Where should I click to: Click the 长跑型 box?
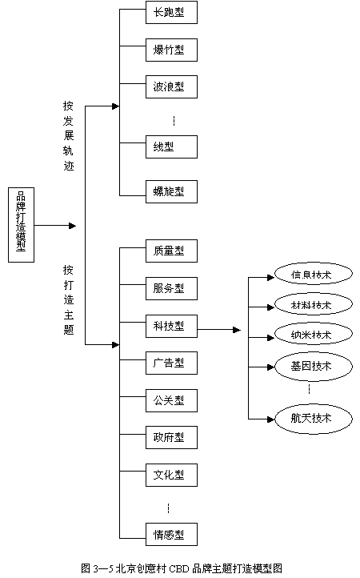pyautogui.click(x=171, y=13)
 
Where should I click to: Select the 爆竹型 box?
pyautogui.click(x=171, y=50)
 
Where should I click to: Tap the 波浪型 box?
pyautogui.click(x=171, y=86)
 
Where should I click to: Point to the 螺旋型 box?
pyautogui.click(x=171, y=191)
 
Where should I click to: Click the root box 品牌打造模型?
pyautogui.click(x=21, y=225)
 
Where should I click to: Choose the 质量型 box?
pyautogui.click(x=171, y=251)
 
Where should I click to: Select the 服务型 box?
pyautogui.click(x=171, y=288)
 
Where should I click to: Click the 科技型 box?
pyautogui.click(x=171, y=327)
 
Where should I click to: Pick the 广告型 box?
pyautogui.click(x=171, y=363)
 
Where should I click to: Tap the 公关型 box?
pyautogui.click(x=171, y=400)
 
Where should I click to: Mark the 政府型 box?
pyautogui.click(x=171, y=438)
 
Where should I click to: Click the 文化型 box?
pyautogui.click(x=171, y=475)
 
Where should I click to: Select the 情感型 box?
pyautogui.click(x=171, y=535)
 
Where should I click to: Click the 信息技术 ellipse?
pyautogui.click(x=314, y=275)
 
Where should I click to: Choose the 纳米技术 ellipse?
pyautogui.click(x=314, y=335)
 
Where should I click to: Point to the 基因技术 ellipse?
pyautogui.click(x=314, y=366)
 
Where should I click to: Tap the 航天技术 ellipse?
pyautogui.click(x=314, y=419)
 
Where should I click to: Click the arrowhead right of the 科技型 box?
pyautogui.click(x=237, y=330)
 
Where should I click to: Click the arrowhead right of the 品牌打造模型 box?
pyautogui.click(x=72, y=226)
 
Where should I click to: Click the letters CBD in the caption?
pyautogui.click(x=179, y=568)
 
